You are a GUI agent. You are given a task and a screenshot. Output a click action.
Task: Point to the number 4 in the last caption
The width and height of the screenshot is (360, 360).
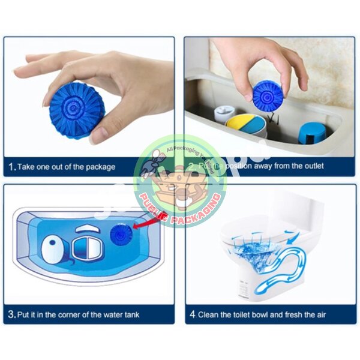[x=193, y=314]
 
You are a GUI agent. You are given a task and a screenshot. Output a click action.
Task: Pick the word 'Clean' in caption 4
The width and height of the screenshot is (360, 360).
[x=211, y=314]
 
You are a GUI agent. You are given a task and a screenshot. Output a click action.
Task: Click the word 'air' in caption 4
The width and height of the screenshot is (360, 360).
[x=321, y=314]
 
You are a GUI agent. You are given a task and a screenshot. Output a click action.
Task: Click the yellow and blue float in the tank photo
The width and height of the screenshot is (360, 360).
[x=246, y=125]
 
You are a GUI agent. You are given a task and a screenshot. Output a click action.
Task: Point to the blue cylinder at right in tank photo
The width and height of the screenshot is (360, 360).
[x=311, y=133]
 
